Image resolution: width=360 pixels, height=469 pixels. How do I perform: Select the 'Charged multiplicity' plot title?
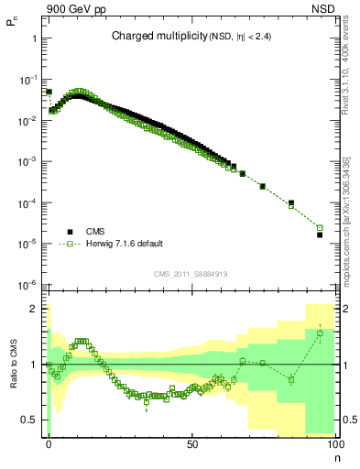pos(151,37)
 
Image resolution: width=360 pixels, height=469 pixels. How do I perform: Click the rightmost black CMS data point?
pos(320,234)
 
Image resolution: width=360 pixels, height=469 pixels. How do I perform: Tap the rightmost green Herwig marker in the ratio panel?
pos(320,333)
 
